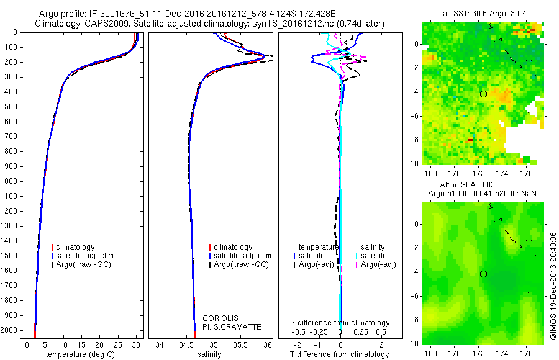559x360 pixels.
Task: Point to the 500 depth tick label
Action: point(11,107)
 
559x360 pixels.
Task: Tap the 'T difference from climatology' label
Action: point(340,355)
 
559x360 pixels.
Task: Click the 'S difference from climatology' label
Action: point(340,323)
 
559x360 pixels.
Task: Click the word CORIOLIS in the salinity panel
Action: point(220,318)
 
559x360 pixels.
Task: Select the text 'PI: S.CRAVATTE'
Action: point(232,327)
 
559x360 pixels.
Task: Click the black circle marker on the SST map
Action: point(483,94)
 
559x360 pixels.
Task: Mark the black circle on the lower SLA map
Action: point(483,274)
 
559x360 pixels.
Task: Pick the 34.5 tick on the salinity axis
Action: point(186,344)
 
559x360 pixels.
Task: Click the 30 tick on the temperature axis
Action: point(136,344)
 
